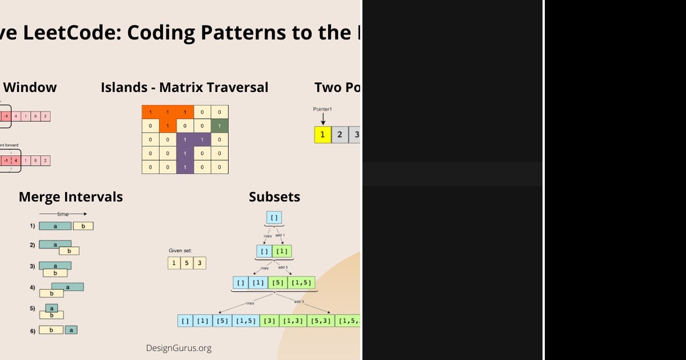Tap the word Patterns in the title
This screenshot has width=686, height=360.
(x=240, y=33)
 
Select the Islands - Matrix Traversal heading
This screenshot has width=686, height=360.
(x=184, y=87)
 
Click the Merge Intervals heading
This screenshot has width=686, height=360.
(x=71, y=197)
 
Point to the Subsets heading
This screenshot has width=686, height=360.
(x=274, y=197)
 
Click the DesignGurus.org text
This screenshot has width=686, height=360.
(x=178, y=348)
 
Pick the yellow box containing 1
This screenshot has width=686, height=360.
(x=322, y=134)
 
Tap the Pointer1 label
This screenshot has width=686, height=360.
(x=323, y=109)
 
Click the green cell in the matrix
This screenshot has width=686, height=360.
(x=219, y=126)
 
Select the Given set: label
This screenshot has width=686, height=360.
(x=180, y=250)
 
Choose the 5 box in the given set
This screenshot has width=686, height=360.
(x=186, y=263)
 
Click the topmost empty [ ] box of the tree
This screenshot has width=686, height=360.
(x=274, y=218)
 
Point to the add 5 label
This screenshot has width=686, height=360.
(x=284, y=267)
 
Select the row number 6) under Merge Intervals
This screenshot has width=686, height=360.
(x=33, y=330)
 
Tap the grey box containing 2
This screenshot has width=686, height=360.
(x=340, y=134)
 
